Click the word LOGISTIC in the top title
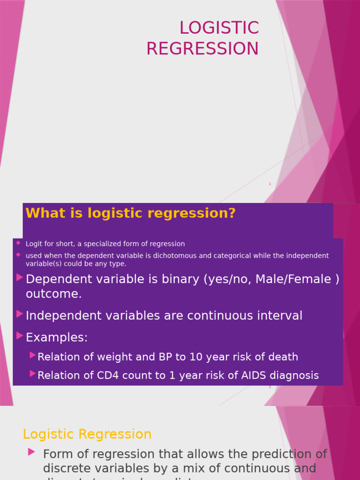[219, 28]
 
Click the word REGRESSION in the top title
[202, 49]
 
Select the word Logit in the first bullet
[33, 244]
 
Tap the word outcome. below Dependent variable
[53, 294]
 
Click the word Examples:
[57, 337]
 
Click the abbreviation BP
[166, 357]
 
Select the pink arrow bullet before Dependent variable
[20, 277]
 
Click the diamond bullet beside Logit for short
[18, 243]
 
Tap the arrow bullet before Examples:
[20, 336]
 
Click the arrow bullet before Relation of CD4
[32, 374]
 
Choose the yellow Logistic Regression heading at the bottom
[87, 435]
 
